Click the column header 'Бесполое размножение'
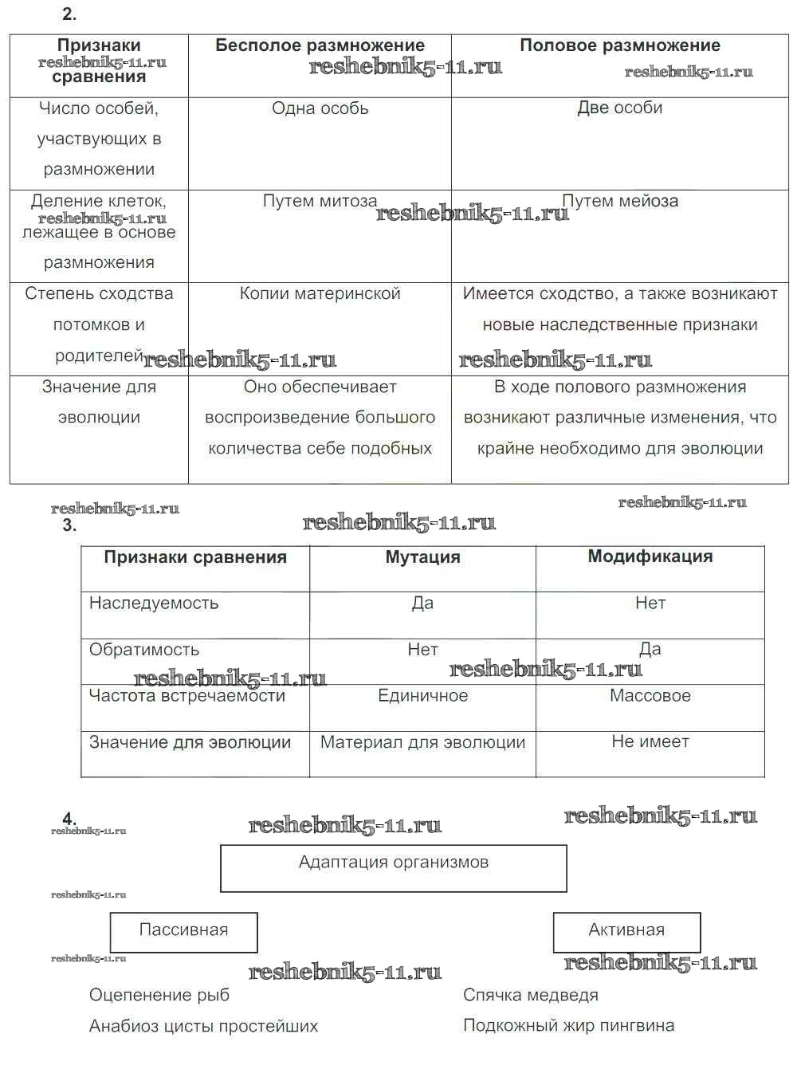tap(320, 45)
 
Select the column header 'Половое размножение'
tap(619, 45)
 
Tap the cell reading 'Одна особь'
tap(320, 108)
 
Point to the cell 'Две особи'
tap(619, 108)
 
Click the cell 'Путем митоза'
tap(320, 201)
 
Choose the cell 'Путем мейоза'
tap(620, 201)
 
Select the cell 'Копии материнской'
tap(320, 293)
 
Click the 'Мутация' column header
tap(422, 557)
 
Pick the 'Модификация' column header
tap(650, 556)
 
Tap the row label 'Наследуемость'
tap(154, 603)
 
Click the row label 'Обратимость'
tap(144, 650)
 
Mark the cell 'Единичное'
tap(422, 696)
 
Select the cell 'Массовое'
tap(650, 696)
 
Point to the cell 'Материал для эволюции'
tap(422, 742)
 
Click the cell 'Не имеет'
tap(650, 741)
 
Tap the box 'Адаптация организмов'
tap(393, 867)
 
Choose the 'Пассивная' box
tap(183, 931)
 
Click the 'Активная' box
tap(626, 931)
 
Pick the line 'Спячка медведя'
tap(531, 995)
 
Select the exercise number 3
tap(69, 525)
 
